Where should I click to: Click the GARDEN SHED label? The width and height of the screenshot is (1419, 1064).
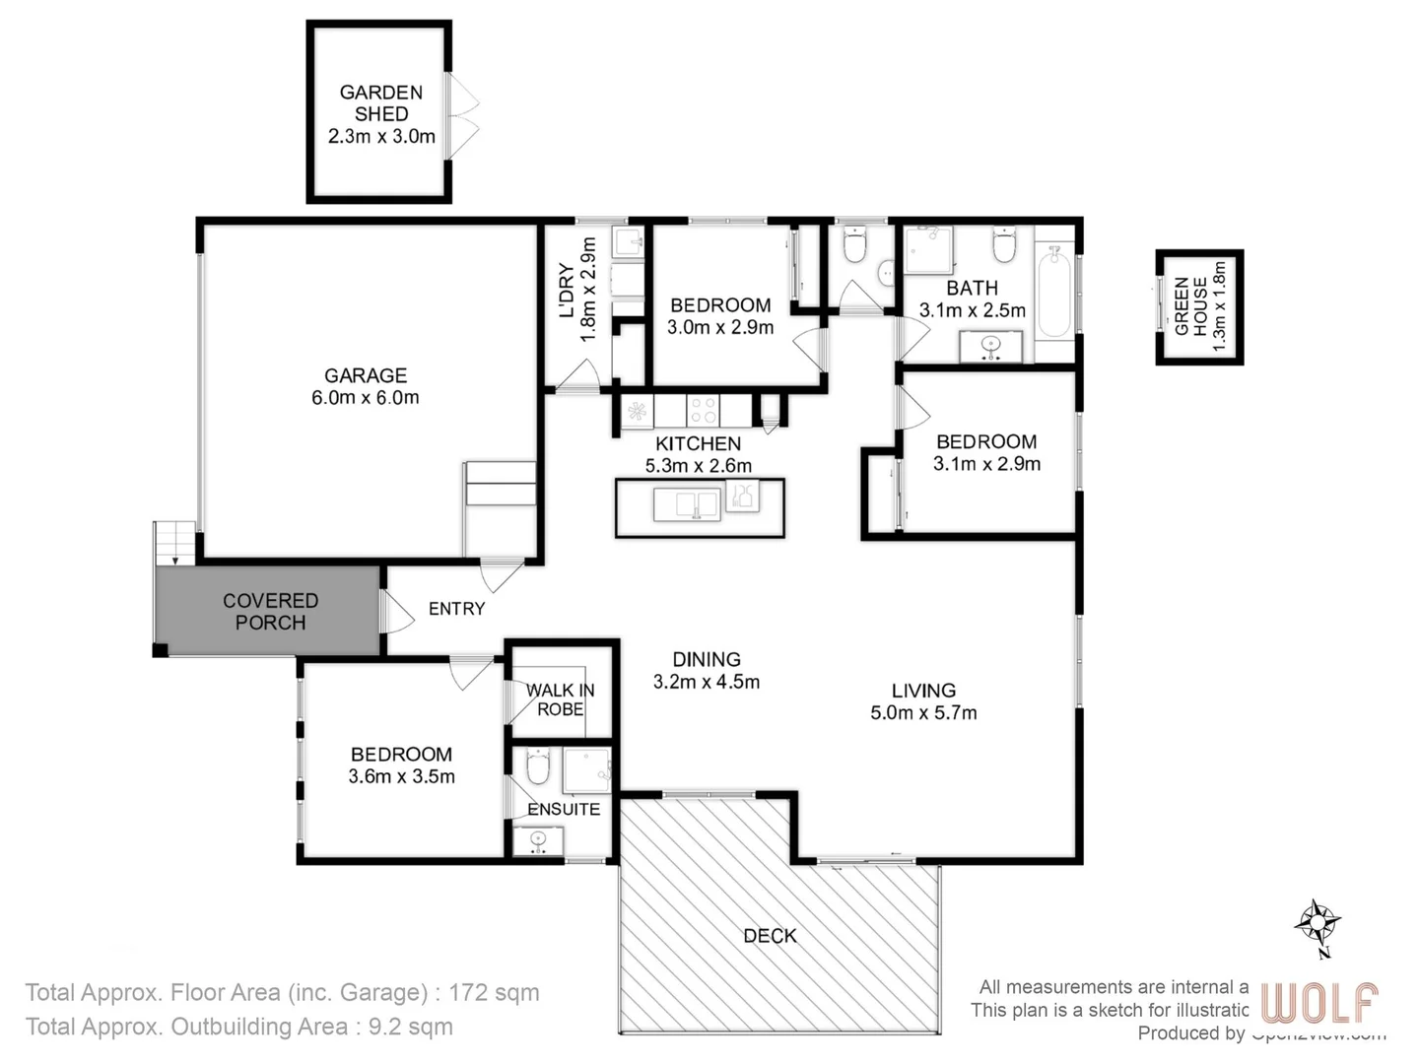click(380, 103)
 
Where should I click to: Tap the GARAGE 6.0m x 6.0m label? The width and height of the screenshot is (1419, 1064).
click(366, 386)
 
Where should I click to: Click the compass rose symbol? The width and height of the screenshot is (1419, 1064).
click(1317, 925)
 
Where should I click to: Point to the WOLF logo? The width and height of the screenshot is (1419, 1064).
click(1319, 1003)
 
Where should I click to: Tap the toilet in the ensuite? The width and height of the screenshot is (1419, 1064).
click(537, 766)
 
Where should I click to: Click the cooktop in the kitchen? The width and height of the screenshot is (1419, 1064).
click(703, 410)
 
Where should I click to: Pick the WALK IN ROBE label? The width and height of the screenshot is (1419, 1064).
click(560, 699)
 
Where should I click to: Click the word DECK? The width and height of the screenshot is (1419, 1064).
click(770, 936)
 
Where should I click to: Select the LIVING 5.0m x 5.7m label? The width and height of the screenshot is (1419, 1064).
click(923, 701)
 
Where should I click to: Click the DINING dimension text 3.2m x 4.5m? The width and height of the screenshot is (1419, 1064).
click(707, 682)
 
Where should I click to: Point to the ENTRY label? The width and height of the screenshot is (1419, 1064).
click(456, 609)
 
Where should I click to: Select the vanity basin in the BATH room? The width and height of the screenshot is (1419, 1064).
click(990, 346)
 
